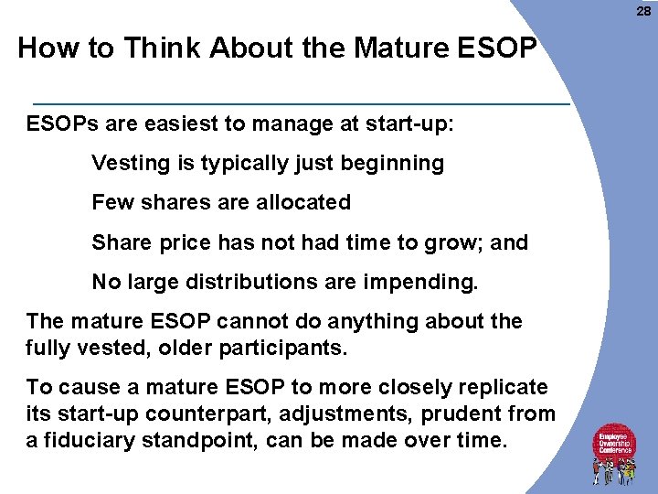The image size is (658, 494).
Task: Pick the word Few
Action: pos(111,202)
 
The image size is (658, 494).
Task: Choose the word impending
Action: pos(423,282)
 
